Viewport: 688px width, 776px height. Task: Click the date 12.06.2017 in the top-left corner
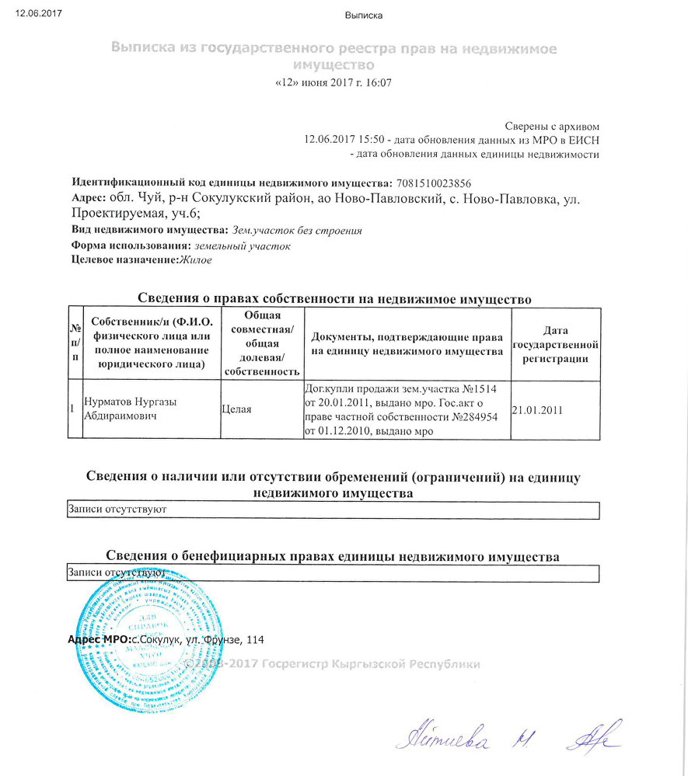[38, 12]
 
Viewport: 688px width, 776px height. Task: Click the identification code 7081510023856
[434, 183]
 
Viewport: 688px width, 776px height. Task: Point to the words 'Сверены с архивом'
[552, 126]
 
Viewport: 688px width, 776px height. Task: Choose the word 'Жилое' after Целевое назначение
[195, 260]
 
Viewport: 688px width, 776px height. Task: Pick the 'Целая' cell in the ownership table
[237, 409]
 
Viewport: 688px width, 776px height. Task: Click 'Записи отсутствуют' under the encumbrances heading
[117, 510]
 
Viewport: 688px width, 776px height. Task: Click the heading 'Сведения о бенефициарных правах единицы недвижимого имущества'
[332, 556]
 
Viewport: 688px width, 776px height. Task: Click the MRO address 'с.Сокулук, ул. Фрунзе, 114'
[199, 640]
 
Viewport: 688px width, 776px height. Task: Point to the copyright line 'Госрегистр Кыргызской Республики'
[372, 664]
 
